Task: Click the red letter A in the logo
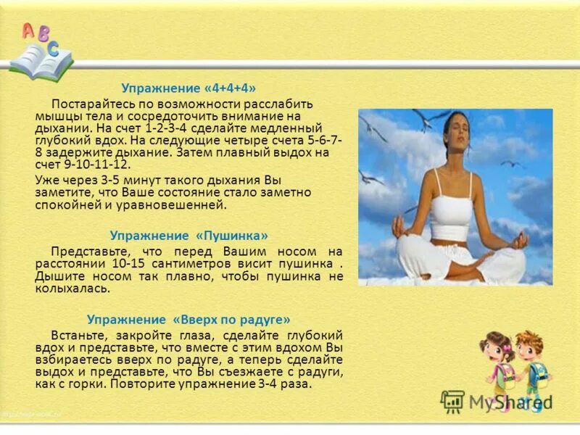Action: (28, 30)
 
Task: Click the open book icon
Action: (41, 62)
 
